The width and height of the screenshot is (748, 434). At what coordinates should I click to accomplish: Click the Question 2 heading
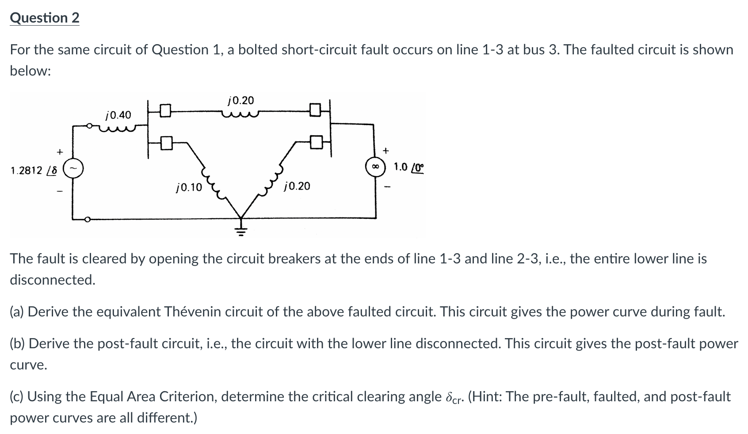click(x=45, y=18)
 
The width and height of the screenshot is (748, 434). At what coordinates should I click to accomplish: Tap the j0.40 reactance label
click(x=118, y=115)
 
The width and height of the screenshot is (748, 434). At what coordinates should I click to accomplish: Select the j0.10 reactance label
click(x=189, y=187)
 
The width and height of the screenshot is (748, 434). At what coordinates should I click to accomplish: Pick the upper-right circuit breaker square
click(x=315, y=109)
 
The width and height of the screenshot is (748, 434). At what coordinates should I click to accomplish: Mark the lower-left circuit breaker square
click(x=166, y=143)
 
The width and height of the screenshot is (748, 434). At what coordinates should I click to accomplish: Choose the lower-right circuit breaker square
click(x=315, y=143)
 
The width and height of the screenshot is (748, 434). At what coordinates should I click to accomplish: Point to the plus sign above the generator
click(x=59, y=152)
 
